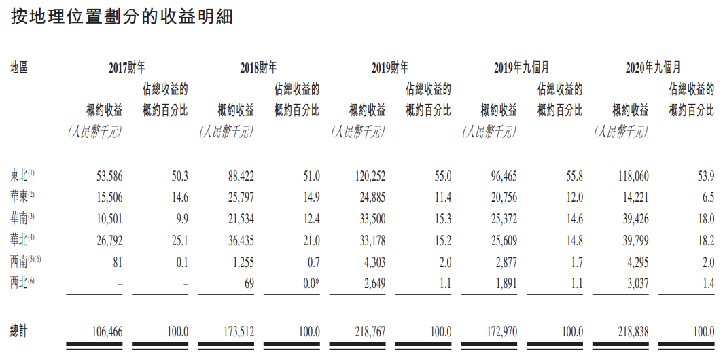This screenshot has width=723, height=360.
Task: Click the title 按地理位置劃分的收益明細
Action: coord(122,18)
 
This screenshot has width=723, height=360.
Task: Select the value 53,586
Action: coord(107,177)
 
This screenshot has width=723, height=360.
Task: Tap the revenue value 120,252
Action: coord(369,177)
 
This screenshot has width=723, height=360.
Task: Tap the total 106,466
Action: coord(105,331)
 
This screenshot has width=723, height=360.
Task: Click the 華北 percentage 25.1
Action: coord(179,240)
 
